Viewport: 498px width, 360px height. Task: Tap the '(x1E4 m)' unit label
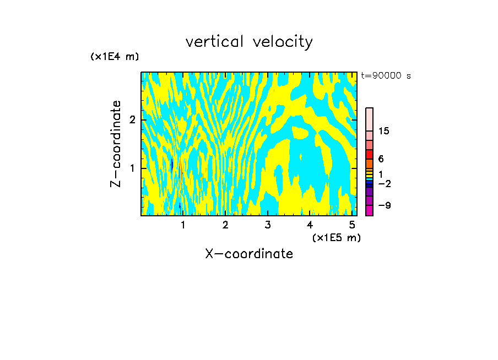[115, 56]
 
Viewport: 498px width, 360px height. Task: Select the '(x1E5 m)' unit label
[336, 237]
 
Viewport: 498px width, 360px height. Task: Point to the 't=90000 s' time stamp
[386, 76]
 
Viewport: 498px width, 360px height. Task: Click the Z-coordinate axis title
[116, 144]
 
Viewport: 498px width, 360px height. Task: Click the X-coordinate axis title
[249, 254]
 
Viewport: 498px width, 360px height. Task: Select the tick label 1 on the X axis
[183, 225]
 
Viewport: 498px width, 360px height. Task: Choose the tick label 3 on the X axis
[267, 225]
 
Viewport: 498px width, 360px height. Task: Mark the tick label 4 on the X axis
[310, 225]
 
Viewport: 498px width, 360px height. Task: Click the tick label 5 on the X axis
[351, 225]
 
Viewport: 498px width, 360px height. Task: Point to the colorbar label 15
[384, 131]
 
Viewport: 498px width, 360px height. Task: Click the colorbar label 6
[381, 159]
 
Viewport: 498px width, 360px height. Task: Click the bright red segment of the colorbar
[370, 154]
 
